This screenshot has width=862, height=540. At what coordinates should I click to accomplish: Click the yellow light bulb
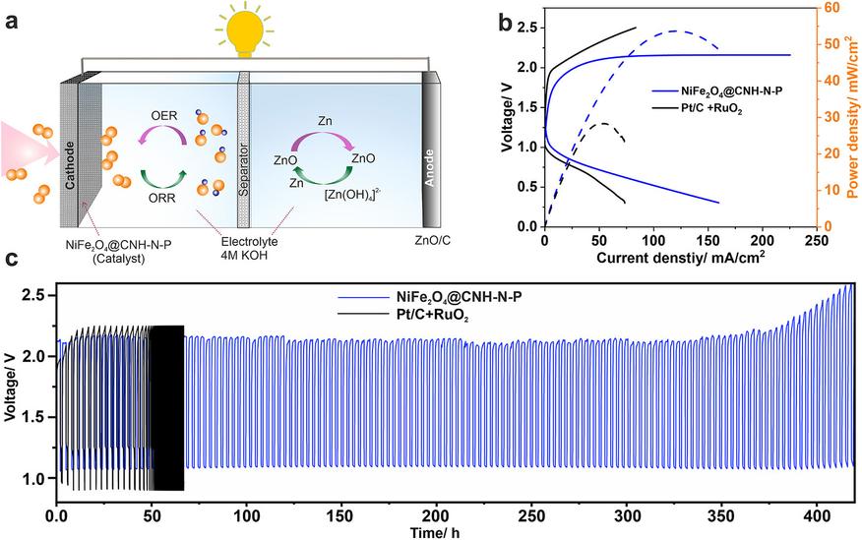click(244, 31)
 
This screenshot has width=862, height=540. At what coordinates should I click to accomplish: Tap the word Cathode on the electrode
click(70, 165)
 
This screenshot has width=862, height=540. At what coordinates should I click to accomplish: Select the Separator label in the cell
click(243, 170)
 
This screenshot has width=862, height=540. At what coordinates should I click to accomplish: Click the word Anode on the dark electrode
click(430, 167)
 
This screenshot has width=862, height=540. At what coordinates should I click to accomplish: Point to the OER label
click(164, 115)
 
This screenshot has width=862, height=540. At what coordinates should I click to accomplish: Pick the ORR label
click(162, 198)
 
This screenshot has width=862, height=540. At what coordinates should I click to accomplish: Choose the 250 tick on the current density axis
click(816, 241)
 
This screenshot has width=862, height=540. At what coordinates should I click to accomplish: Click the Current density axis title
click(681, 257)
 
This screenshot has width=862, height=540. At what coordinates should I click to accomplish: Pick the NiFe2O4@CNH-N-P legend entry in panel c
click(430, 297)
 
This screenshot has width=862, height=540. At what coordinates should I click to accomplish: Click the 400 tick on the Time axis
click(817, 517)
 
